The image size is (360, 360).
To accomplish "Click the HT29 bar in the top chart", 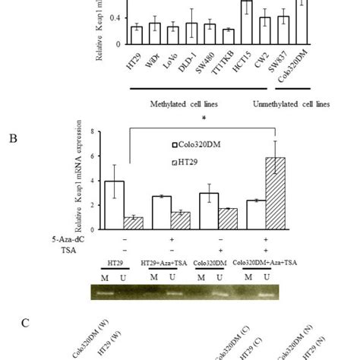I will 136,35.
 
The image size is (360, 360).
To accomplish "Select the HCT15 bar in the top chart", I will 246,22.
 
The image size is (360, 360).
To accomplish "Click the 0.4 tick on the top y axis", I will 118,16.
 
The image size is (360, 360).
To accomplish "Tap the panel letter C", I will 25,323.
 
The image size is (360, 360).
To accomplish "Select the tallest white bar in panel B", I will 114,201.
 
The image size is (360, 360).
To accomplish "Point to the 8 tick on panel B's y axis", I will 93,131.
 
